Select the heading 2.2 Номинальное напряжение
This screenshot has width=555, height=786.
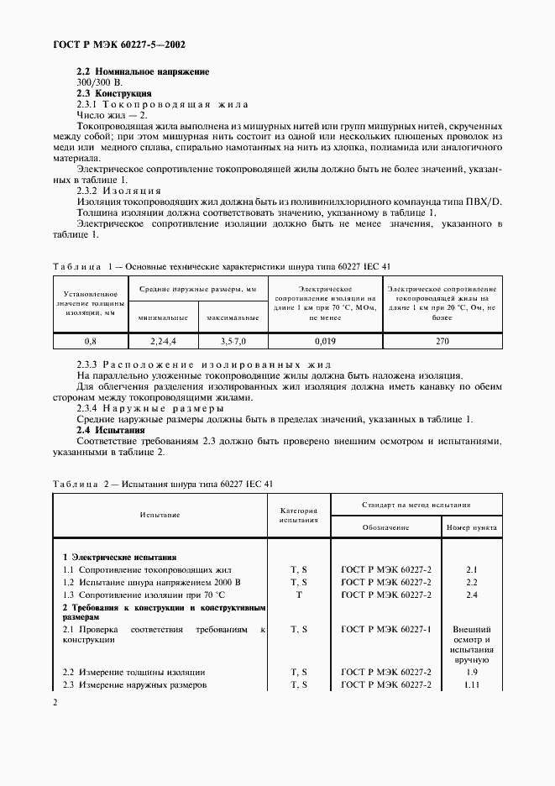pyautogui.click(x=143, y=72)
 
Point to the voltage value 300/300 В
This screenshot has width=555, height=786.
pyautogui.click(x=100, y=83)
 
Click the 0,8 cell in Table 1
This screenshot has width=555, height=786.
pyautogui.click(x=90, y=342)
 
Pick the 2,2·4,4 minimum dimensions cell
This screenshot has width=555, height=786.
pyautogui.click(x=162, y=342)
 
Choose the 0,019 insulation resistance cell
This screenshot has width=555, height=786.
pyautogui.click(x=324, y=342)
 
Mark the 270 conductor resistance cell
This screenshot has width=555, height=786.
pyautogui.click(x=442, y=342)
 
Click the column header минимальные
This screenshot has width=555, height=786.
pyautogui.click(x=162, y=318)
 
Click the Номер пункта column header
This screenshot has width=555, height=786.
pyautogui.click(x=471, y=527)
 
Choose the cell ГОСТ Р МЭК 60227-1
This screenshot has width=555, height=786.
pyautogui.click(x=386, y=628)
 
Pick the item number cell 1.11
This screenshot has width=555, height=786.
pyautogui.click(x=471, y=685)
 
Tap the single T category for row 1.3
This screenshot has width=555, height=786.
pyautogui.click(x=298, y=595)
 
